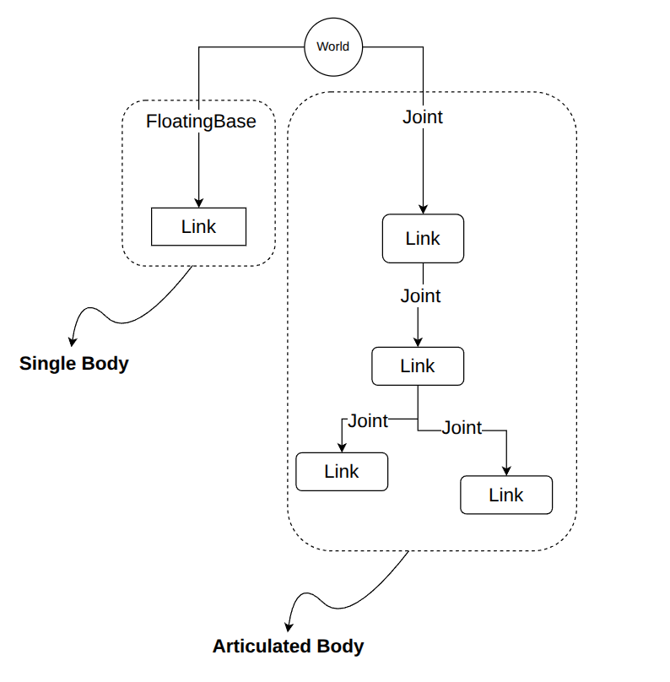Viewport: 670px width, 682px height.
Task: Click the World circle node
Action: coord(333,47)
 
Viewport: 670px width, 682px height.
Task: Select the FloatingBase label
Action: coord(201,122)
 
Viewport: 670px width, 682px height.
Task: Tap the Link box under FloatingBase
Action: coord(198,226)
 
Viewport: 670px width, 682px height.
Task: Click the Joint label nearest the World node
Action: coord(423,117)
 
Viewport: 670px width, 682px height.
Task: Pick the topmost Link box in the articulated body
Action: coord(423,238)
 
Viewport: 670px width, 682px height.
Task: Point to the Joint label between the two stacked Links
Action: coord(420,295)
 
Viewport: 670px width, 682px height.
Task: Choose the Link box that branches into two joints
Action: coord(418,366)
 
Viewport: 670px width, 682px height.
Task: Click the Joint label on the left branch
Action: coord(368,420)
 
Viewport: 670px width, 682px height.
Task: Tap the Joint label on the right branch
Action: coord(462,428)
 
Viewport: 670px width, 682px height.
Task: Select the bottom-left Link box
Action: coord(342,472)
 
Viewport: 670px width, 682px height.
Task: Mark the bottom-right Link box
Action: coord(506,495)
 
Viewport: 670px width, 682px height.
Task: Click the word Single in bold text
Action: coord(48,364)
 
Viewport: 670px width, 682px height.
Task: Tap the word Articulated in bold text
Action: coord(262,647)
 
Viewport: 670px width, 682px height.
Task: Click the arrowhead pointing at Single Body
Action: coord(73,342)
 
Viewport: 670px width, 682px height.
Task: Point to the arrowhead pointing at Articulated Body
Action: coord(289,627)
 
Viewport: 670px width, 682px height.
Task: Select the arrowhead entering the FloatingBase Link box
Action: coord(198,203)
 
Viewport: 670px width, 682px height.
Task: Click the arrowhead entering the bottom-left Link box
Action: coord(343,448)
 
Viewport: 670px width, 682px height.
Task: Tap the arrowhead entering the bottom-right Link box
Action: coord(506,471)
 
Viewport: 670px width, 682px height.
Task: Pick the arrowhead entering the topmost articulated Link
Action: coord(423,209)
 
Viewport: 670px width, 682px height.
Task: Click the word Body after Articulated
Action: coord(340,647)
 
